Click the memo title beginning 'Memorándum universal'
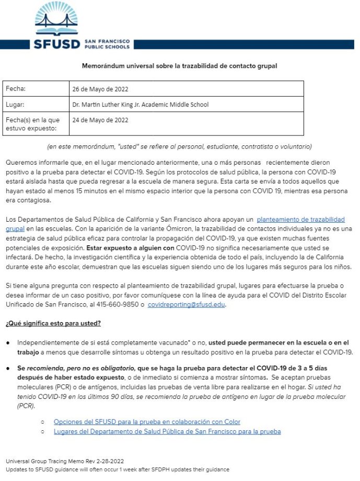tap(180, 66)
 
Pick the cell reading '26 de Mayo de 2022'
tap(100, 89)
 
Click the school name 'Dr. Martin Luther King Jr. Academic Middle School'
tap(141, 105)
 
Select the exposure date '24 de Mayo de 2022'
tap(100, 120)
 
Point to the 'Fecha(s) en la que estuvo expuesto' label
tap(32, 124)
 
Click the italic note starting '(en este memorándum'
tap(180, 146)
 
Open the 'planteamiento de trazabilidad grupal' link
tap(300, 220)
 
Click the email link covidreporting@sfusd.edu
tap(187, 304)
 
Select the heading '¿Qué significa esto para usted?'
tap(53, 323)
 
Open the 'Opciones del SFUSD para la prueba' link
tap(147, 421)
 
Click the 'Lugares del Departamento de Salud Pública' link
tap(167, 431)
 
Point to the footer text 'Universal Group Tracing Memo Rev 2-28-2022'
tap(65, 461)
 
